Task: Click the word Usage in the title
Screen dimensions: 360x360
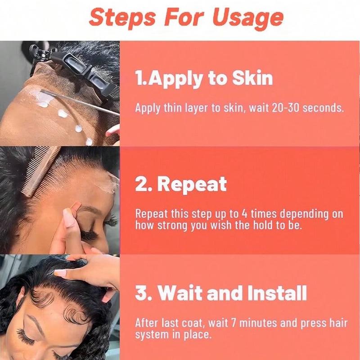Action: pyautogui.click(x=248, y=18)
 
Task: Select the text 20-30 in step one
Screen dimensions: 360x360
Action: pyautogui.click(x=285, y=108)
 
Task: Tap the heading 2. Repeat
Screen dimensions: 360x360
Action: pyautogui.click(x=181, y=184)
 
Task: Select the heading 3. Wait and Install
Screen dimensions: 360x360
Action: pyautogui.click(x=221, y=293)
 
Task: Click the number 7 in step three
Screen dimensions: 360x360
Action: pyautogui.click(x=234, y=323)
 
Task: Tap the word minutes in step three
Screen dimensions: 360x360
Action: pyautogui.click(x=258, y=323)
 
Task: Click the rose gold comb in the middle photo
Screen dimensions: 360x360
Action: pyautogui.click(x=41, y=171)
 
